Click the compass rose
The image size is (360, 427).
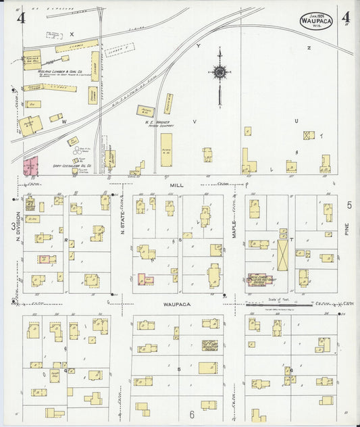click(220, 71)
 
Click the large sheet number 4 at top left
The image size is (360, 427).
click(21, 16)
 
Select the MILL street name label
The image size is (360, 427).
click(177, 184)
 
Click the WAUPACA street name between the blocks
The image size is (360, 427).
click(178, 304)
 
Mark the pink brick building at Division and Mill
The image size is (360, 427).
click(30, 166)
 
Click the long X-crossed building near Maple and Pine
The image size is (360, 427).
click(282, 255)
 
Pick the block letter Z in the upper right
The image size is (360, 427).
click(308, 48)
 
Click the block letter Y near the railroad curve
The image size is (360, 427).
click(199, 46)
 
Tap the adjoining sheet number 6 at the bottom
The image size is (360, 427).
click(191, 414)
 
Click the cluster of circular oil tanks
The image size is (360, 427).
click(73, 141)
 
